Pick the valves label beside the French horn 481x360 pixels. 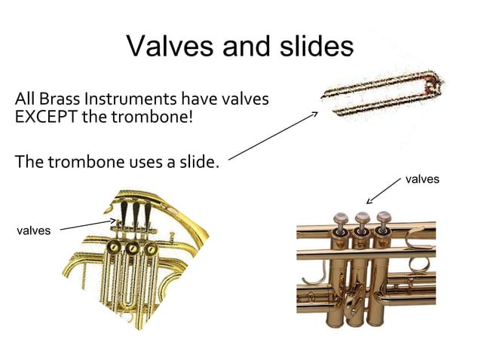coord(33,230)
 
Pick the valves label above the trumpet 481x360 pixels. coord(422,179)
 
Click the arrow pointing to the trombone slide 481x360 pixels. coord(273,136)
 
